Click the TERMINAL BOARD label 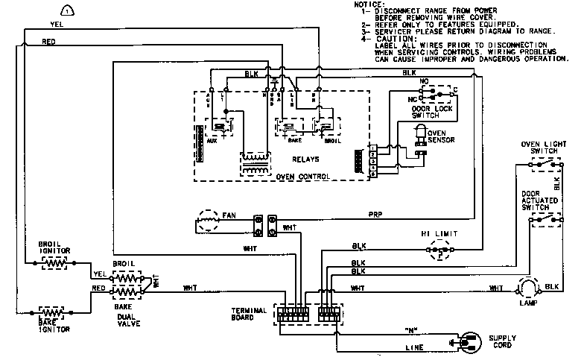[x=248, y=314]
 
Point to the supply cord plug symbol [x=469, y=343]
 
